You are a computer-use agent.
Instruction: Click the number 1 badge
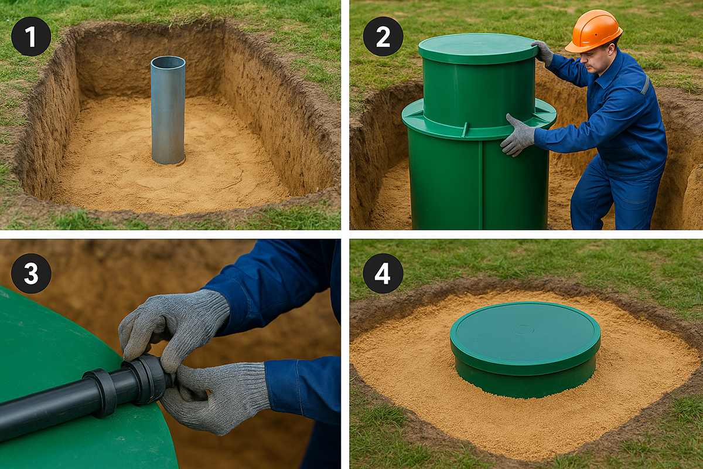click(x=31, y=36)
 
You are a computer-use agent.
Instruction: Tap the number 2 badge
click(x=383, y=36)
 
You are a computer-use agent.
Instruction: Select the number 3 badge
click(x=31, y=273)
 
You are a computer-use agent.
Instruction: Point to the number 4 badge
click(x=383, y=273)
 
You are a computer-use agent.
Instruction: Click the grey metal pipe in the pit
click(x=168, y=110)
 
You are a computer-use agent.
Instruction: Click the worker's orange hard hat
click(x=593, y=31)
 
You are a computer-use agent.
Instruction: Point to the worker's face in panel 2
click(x=594, y=60)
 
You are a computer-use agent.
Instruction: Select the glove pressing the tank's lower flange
click(x=518, y=135)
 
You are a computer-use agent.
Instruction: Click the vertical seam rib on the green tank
click(x=480, y=183)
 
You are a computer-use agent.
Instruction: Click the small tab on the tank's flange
click(x=465, y=130)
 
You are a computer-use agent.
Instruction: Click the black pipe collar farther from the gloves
click(x=100, y=393)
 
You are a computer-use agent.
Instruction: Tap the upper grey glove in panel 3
click(x=173, y=327)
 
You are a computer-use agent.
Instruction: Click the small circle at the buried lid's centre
click(x=523, y=330)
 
